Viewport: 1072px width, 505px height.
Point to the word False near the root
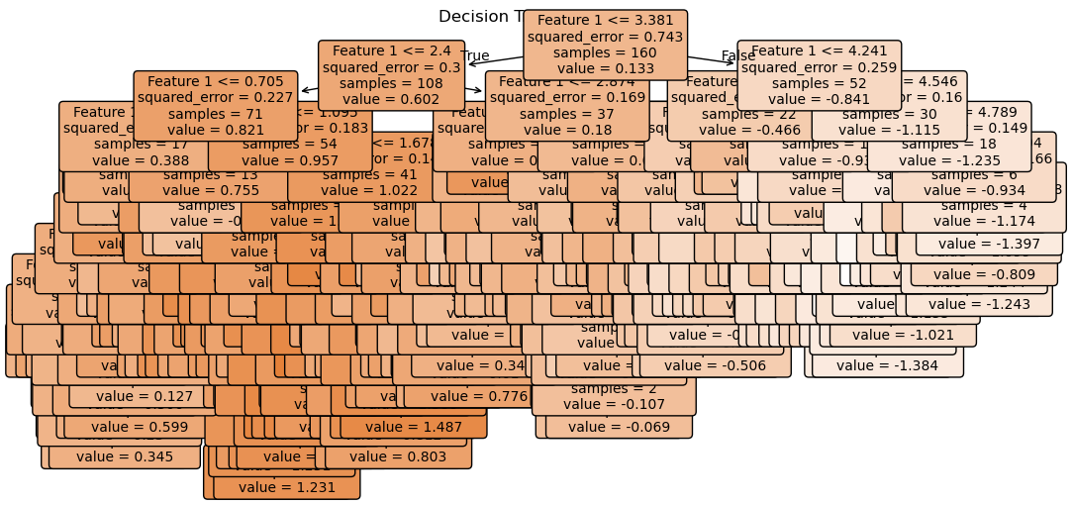coord(737,55)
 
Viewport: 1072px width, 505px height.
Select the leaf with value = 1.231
coord(286,487)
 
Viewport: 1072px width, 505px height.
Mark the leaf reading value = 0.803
coord(398,457)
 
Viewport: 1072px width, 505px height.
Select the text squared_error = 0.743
coord(605,37)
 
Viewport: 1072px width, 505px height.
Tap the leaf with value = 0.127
coord(145,397)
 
